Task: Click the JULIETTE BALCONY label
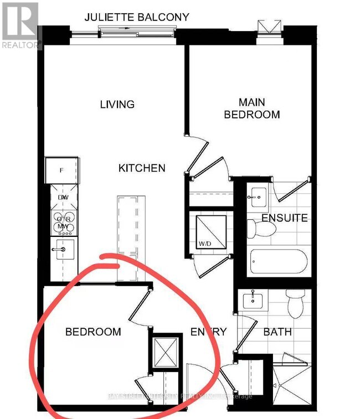tap(136, 17)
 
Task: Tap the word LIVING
tap(117, 104)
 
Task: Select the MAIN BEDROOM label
tap(259, 108)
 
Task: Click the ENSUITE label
tap(285, 218)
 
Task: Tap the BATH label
tap(277, 332)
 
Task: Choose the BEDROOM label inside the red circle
tap(93, 332)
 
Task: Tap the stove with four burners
tap(62, 221)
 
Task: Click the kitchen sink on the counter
tap(62, 249)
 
